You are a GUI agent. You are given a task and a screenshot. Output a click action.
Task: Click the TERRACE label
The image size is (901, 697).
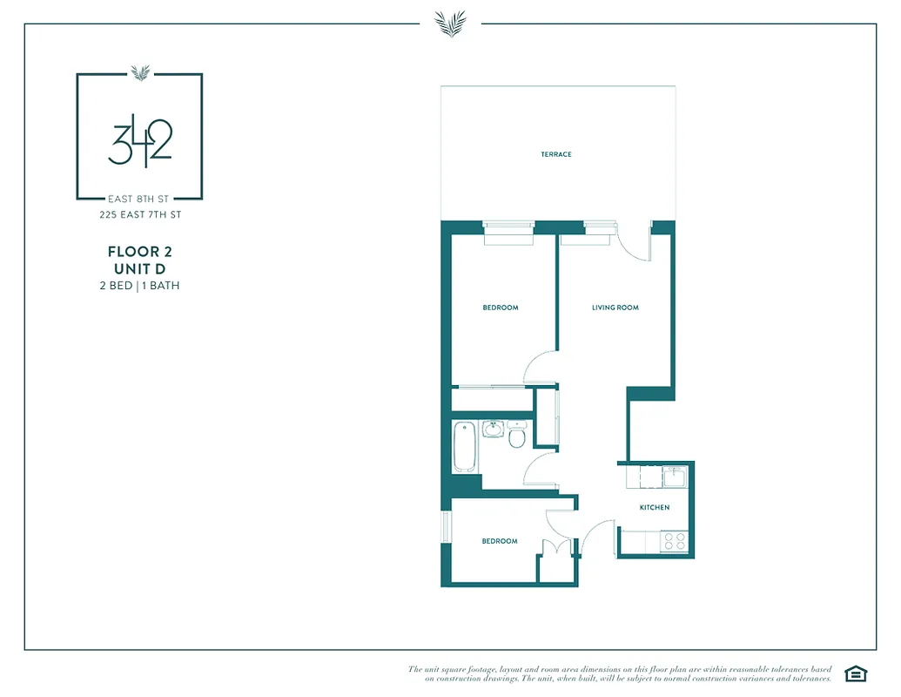[555, 154]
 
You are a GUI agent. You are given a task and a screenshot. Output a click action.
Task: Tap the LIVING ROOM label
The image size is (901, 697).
[615, 308]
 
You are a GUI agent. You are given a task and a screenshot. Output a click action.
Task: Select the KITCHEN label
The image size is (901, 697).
[655, 507]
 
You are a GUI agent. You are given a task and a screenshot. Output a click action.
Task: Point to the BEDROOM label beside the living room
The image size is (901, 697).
[500, 308]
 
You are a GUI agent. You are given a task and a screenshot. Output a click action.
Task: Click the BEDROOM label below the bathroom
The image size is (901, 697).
[500, 541]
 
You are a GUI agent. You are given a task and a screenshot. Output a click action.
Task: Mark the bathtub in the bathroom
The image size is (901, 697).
[464, 446]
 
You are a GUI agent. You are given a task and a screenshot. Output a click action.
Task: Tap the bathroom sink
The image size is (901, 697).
[493, 429]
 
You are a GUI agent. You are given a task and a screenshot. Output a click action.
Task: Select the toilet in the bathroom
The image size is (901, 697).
[516, 435]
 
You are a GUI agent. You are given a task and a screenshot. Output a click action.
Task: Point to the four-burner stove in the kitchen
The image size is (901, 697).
[675, 541]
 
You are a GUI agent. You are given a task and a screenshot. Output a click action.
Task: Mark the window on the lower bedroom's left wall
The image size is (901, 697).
[446, 527]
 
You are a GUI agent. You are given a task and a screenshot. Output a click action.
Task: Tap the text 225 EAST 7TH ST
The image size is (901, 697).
[139, 214]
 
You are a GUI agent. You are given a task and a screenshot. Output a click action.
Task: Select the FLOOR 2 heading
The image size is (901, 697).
[139, 252]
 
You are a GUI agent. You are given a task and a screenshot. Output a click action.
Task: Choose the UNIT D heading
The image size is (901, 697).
[139, 268]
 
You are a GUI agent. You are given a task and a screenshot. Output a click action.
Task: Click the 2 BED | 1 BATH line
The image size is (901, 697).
[139, 285]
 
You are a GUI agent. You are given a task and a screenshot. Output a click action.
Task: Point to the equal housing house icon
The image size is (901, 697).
[855, 673]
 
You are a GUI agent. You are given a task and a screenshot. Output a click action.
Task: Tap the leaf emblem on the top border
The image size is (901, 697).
[450, 24]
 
